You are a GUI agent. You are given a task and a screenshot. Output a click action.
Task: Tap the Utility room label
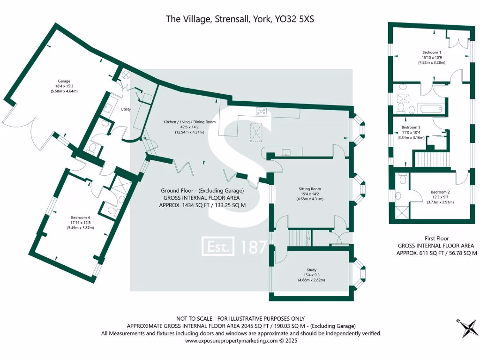tap(126, 109)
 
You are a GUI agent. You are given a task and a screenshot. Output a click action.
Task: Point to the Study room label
tap(311, 270)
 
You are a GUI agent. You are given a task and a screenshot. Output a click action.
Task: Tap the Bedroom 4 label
tap(81, 217)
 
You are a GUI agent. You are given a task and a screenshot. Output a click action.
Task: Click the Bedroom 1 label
tap(431, 52)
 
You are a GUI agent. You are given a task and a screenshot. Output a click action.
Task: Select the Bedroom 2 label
tap(440, 192)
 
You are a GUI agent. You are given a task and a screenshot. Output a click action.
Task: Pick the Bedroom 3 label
tap(411, 127)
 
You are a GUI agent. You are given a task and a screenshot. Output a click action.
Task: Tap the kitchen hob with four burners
tap(261, 112)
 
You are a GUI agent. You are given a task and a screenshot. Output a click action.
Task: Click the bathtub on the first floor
tap(431, 109)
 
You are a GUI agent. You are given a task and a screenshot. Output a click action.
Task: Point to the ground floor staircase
tap(298, 237)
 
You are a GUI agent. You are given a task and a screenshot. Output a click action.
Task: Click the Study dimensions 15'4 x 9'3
tap(311, 275)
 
